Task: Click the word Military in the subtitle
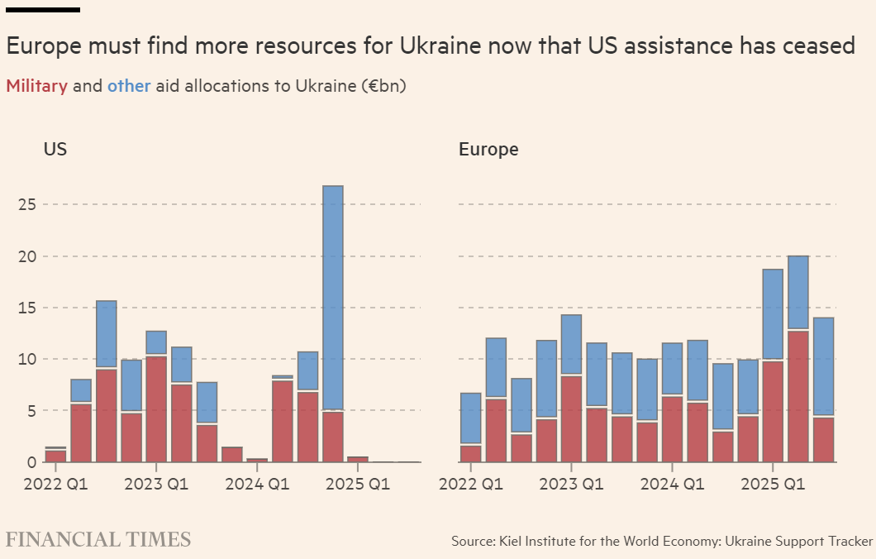click(x=36, y=86)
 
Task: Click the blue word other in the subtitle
click(x=129, y=86)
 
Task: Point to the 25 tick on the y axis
click(x=26, y=204)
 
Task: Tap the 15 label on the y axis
click(x=26, y=308)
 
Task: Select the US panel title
click(x=55, y=150)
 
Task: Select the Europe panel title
click(x=488, y=150)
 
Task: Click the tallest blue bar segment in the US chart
click(x=333, y=298)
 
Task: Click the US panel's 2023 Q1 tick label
click(x=156, y=484)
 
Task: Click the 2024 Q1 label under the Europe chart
click(x=672, y=484)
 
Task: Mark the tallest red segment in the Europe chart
click(x=797, y=396)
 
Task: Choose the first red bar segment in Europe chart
click(x=470, y=453)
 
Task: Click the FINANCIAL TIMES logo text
click(x=98, y=540)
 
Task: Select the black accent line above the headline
click(x=43, y=10)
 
